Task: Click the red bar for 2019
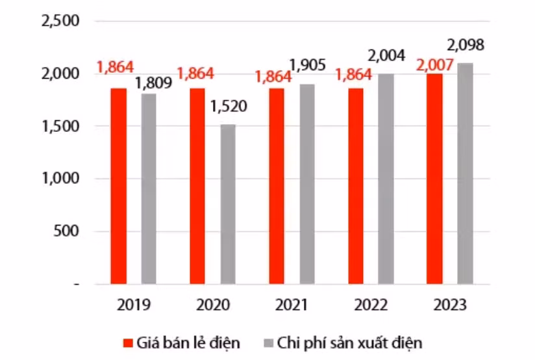(118, 186)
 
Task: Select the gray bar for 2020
(228, 204)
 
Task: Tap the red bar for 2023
(434, 179)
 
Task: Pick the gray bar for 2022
(386, 179)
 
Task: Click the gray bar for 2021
(307, 184)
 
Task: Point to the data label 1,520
(229, 107)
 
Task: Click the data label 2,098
(465, 46)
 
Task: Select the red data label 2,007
(434, 65)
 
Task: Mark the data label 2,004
(386, 55)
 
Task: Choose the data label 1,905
(308, 66)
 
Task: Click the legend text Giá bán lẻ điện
(188, 342)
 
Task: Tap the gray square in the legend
(266, 342)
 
